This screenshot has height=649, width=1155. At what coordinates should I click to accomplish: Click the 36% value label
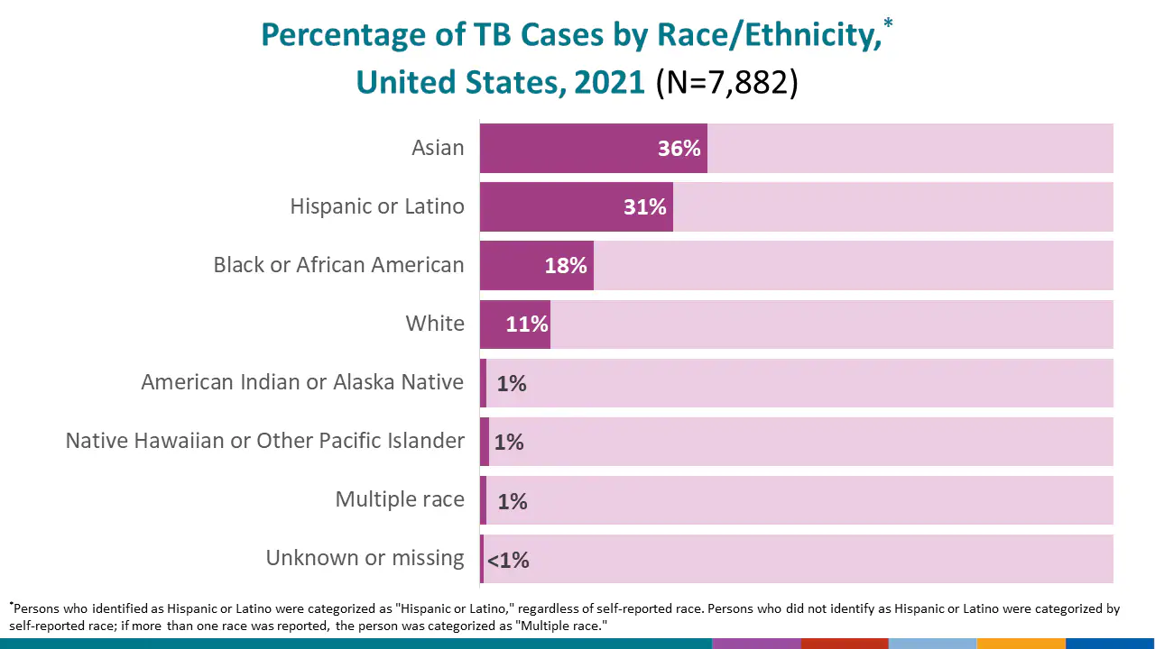679,149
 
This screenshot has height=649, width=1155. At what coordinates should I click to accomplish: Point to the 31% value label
644,207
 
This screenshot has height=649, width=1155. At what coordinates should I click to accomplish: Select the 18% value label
566,266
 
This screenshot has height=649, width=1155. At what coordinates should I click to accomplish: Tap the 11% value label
527,324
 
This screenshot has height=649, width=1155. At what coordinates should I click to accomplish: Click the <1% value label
508,561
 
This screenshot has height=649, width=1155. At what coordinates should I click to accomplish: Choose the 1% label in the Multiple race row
513,501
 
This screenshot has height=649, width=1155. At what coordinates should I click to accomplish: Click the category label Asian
438,148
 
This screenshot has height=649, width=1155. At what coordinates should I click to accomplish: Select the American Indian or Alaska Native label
302,382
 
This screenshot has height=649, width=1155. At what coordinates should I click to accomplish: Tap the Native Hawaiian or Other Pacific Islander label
265,441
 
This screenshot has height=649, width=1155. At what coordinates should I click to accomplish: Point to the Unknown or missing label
365,558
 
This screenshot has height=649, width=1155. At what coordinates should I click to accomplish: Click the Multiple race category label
400,499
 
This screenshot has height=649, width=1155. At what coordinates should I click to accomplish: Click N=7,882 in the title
726,82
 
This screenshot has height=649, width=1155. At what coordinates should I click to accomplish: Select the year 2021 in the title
609,82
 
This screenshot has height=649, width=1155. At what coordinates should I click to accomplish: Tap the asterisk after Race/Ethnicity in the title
888,23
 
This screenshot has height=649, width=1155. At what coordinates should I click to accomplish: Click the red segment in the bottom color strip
844,644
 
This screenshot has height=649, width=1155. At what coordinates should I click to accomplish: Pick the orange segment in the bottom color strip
1021,644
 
